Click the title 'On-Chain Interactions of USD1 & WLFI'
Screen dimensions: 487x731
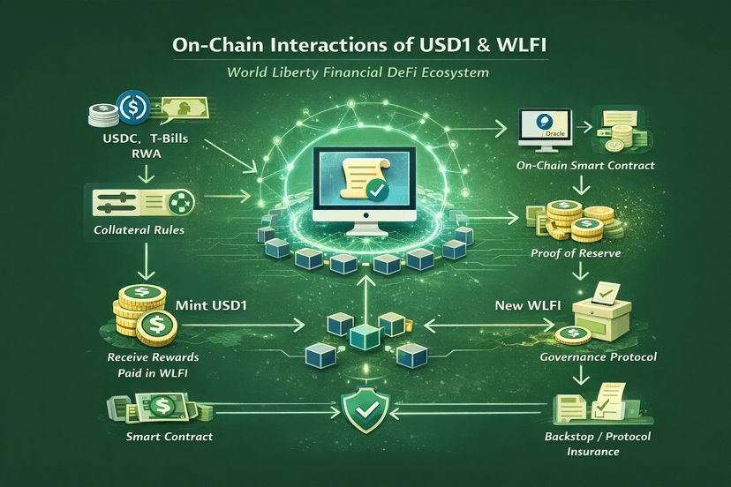point(365,45)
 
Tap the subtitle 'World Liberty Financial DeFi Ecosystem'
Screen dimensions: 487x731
point(365,72)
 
